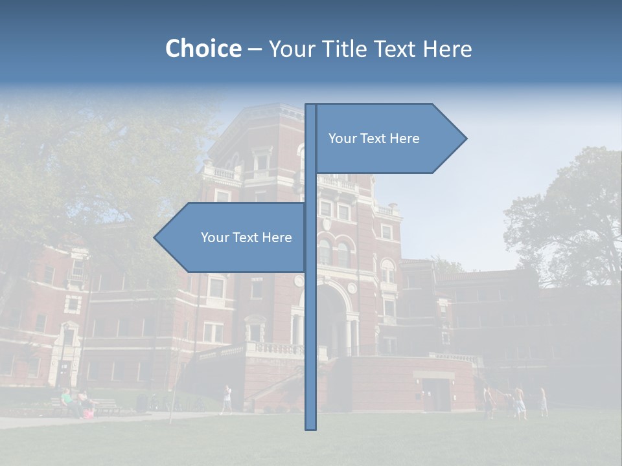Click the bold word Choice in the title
[203, 49]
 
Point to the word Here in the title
[447, 49]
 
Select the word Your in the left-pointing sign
[214, 238]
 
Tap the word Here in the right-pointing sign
[404, 139]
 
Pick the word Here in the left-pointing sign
[277, 238]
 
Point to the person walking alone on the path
[227, 399]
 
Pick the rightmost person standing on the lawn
[543, 402]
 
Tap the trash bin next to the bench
[142, 403]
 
